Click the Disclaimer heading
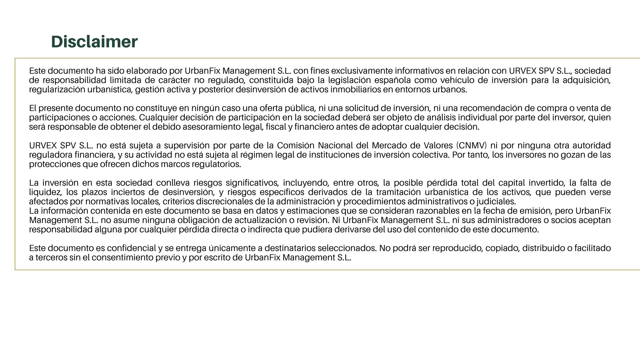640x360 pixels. (94, 42)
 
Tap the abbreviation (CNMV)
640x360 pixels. (472, 146)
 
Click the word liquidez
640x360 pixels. (45, 192)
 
